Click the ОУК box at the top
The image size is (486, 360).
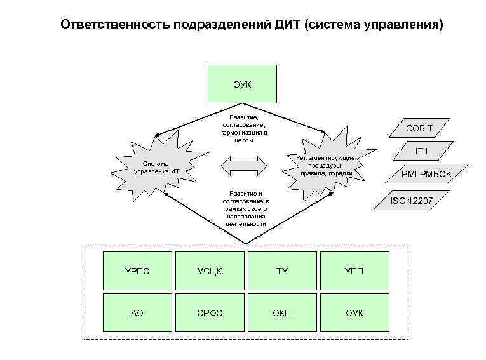tap(242, 84)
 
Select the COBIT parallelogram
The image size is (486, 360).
tap(419, 128)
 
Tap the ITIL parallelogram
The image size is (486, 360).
tap(422, 151)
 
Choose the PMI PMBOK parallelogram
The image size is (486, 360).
tap(426, 173)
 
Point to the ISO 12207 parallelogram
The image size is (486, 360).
tap(411, 201)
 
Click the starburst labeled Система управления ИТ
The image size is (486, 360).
tap(158, 168)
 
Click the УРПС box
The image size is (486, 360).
tap(137, 271)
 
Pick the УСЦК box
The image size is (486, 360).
tap(210, 271)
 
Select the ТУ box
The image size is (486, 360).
tap(282, 271)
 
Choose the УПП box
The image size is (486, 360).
tap(354, 271)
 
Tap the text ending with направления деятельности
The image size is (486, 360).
tap(245, 208)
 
